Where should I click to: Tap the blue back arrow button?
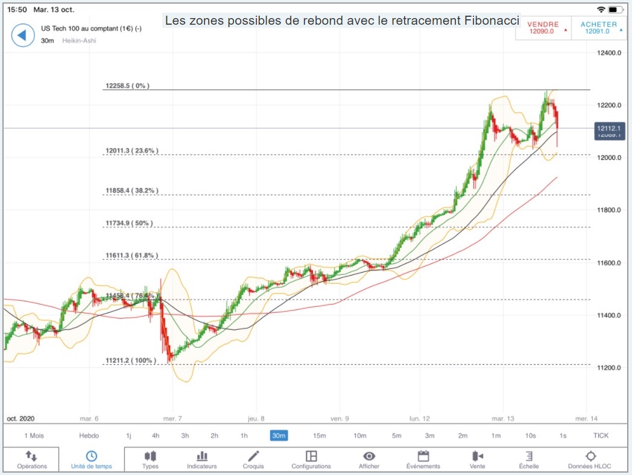click(22, 35)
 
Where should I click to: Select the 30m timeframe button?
click(279, 435)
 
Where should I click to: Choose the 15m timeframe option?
click(319, 435)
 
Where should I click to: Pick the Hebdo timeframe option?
click(89, 435)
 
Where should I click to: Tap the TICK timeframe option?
click(601, 435)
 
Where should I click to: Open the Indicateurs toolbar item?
click(201, 460)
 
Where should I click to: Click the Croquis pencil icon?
click(253, 456)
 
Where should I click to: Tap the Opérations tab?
click(31, 460)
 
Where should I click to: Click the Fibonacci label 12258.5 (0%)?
click(127, 86)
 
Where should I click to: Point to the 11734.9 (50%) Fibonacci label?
click(128, 224)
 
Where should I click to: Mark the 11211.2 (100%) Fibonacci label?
click(130, 361)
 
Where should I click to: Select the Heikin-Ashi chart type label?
click(79, 40)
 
